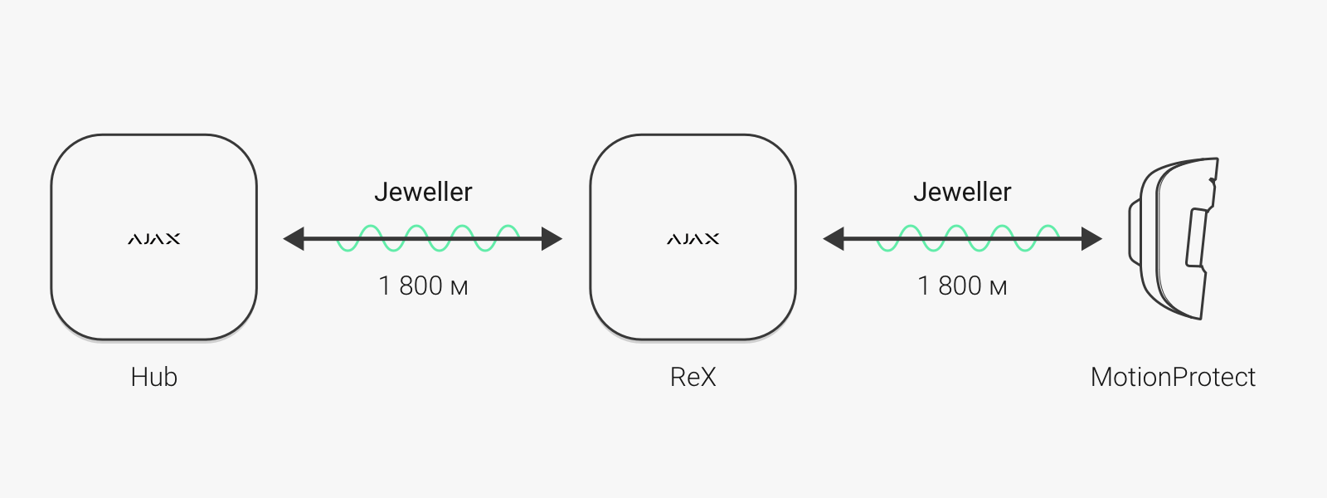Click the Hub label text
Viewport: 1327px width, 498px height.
[x=154, y=377]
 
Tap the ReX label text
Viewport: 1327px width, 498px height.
[x=693, y=377]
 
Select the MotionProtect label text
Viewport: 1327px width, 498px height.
[x=1173, y=377]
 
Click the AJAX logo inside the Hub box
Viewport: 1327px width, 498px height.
[x=154, y=239]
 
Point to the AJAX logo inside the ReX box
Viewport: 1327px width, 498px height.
[x=693, y=239]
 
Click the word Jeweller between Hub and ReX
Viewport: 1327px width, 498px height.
[x=424, y=192]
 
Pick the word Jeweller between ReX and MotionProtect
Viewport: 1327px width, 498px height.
[x=963, y=192]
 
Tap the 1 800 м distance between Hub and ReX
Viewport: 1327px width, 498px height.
[x=424, y=286]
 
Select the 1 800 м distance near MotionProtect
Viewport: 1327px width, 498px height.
[x=963, y=286]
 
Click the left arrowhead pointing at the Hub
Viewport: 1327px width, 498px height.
[x=294, y=239]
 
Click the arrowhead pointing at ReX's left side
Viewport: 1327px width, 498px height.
[x=552, y=239]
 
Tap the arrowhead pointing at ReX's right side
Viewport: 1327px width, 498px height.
[x=833, y=239]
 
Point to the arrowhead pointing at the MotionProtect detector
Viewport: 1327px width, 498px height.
[x=1091, y=239]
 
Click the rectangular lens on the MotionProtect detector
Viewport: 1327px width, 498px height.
[x=1196, y=237]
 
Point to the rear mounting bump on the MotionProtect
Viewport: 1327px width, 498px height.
[x=1134, y=232]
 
